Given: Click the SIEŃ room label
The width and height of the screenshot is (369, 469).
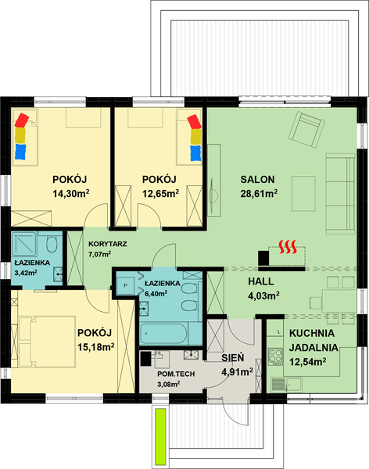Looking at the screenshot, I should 234,357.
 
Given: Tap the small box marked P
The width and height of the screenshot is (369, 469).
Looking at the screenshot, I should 124,286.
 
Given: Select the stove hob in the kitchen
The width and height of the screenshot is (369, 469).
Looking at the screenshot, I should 275,356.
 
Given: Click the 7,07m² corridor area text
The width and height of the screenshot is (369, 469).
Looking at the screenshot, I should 99,254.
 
